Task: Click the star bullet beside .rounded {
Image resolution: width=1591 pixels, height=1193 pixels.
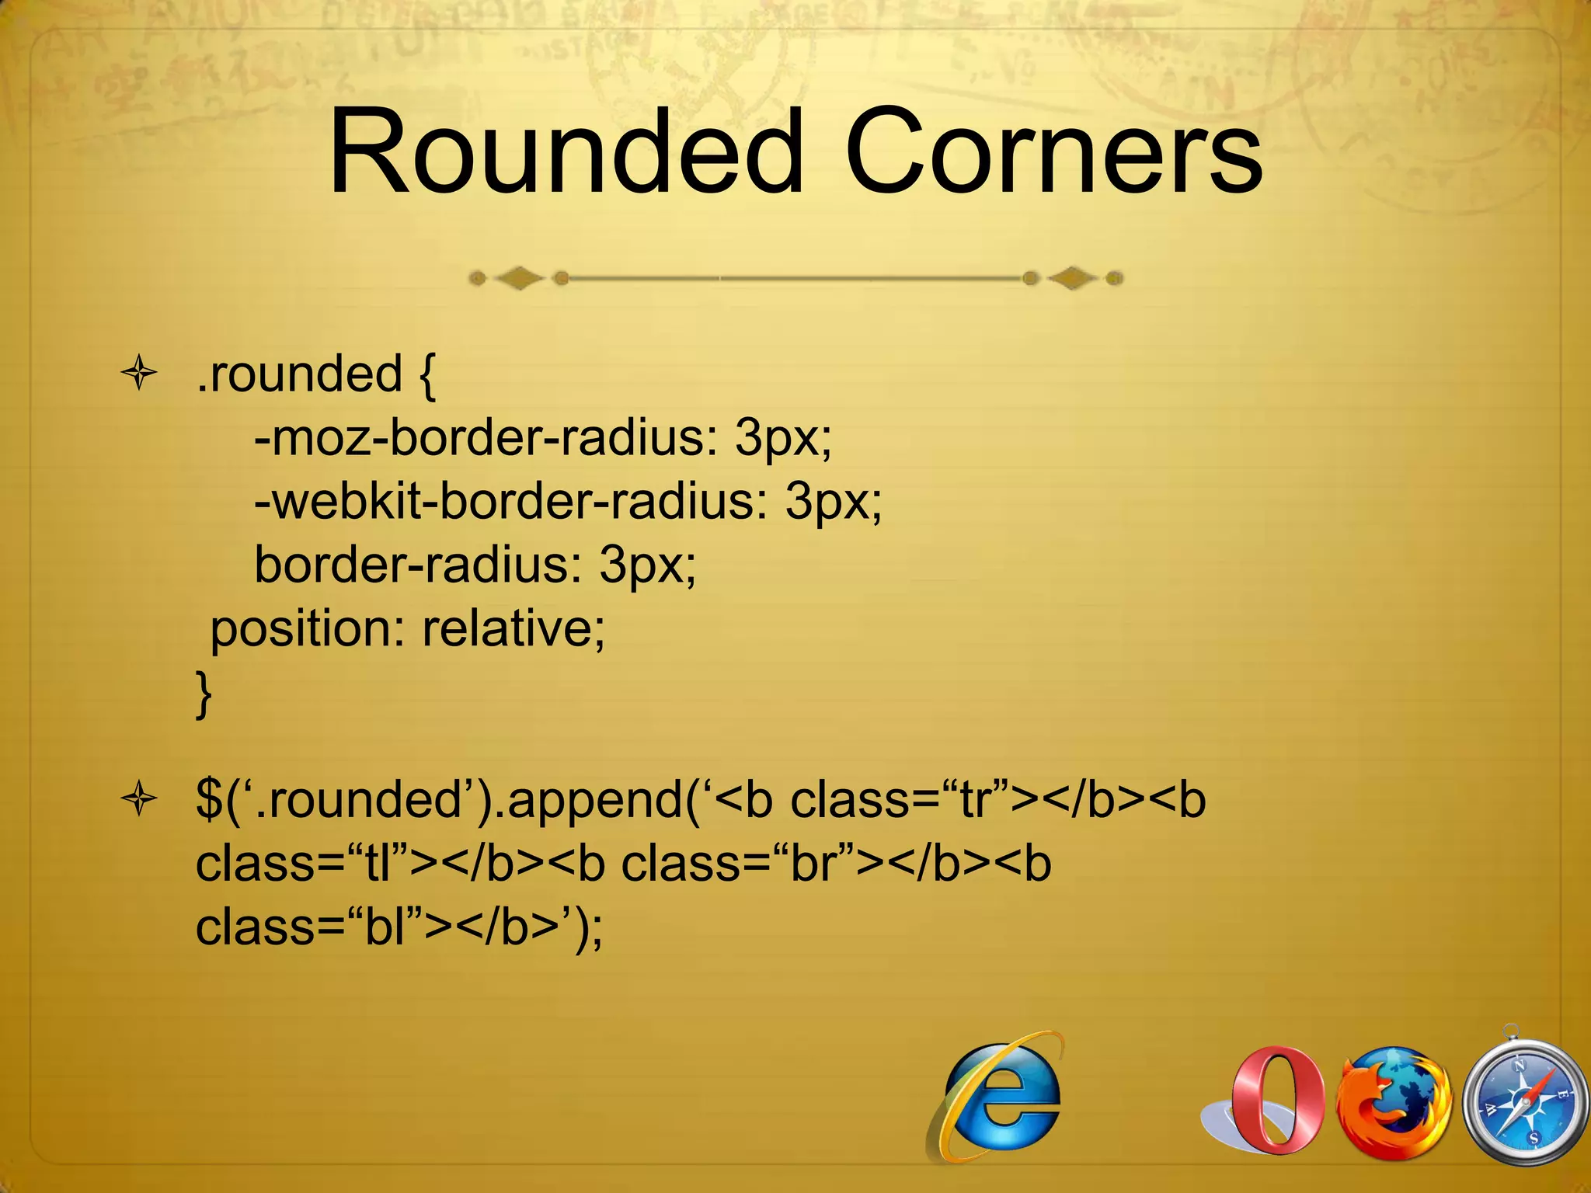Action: click(140, 374)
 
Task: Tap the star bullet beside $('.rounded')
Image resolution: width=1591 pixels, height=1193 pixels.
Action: click(140, 799)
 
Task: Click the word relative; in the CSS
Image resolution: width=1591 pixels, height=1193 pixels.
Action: click(514, 628)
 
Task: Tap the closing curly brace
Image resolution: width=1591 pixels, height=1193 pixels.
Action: click(204, 694)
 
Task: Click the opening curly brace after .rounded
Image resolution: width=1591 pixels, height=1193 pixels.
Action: click(426, 376)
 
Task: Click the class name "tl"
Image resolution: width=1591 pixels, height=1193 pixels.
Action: click(378, 864)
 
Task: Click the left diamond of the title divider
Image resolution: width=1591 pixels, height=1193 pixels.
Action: click(520, 277)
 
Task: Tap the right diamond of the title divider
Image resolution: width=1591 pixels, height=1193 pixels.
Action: click(1072, 277)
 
